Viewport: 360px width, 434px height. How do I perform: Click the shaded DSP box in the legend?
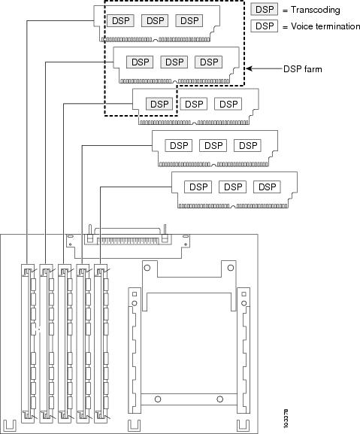coord(265,10)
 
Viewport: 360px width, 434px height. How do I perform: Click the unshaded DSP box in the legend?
coord(265,26)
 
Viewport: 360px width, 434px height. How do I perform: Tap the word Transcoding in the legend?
coord(315,10)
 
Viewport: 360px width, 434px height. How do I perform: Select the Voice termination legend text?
coord(325,26)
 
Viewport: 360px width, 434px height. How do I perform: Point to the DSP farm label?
coord(303,68)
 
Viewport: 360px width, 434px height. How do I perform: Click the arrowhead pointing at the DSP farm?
coord(249,68)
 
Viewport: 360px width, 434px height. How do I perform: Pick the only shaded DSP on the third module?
coord(159,104)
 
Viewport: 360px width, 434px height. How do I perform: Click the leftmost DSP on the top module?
coord(120,21)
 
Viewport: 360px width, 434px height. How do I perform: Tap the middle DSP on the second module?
coord(174,62)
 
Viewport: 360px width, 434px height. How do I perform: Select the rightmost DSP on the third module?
coord(228,104)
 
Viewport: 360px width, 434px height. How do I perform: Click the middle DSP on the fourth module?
coord(213,146)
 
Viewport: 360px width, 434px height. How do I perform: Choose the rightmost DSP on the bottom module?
coord(267,187)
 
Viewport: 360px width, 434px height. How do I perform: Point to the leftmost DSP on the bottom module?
coord(198,187)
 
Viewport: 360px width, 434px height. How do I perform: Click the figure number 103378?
coord(286,418)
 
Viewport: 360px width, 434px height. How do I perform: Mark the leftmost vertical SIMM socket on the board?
coord(29,344)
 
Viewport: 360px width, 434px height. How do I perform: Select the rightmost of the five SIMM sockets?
coord(101,344)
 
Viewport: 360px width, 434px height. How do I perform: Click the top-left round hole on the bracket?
coord(147,268)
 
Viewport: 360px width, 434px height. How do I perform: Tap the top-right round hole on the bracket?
coord(230,268)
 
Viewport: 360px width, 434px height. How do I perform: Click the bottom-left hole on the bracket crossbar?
coord(158,399)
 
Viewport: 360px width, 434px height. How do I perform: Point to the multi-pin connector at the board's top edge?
coord(128,241)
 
